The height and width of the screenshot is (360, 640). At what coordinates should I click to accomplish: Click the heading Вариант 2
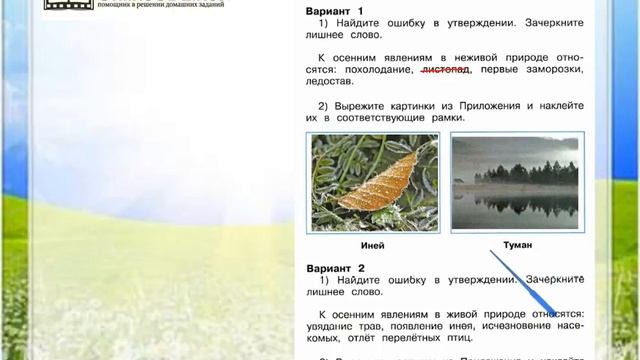click(336, 268)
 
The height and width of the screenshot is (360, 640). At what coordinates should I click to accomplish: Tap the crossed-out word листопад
click(446, 71)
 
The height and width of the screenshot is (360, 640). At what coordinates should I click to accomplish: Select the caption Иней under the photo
click(371, 245)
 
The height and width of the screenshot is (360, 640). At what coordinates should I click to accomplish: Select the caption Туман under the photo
click(516, 244)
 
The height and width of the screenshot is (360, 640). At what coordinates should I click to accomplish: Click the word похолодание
click(377, 71)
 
